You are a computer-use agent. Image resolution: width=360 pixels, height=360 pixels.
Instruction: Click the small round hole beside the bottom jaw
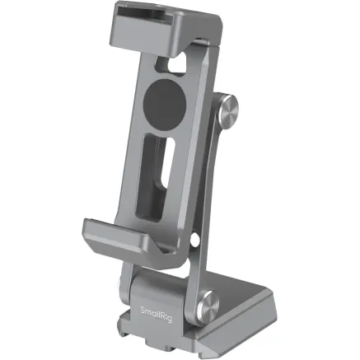click(x=194, y=241)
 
